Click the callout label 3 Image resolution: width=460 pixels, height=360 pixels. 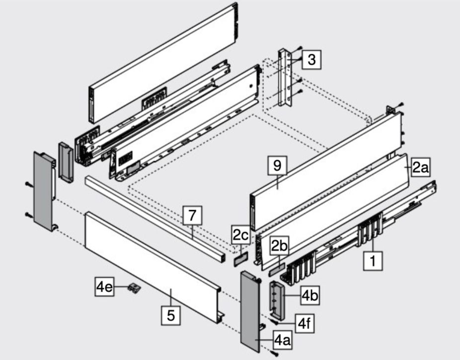311,60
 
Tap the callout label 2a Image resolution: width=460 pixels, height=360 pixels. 420,168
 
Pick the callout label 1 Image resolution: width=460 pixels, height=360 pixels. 373,260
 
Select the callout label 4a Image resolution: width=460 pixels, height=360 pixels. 282,341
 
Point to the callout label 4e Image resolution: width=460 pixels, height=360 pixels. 104,287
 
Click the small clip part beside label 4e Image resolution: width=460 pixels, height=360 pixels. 134,287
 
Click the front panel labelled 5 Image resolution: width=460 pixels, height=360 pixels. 149,263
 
